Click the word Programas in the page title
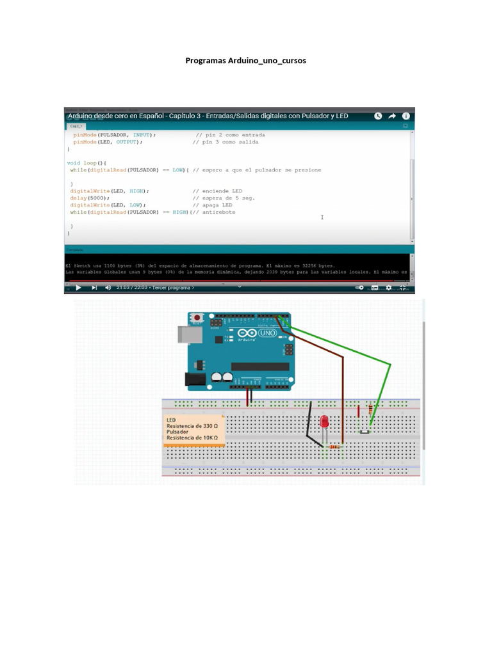pos(205,61)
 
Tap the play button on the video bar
pos(78,288)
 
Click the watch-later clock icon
pos(377,116)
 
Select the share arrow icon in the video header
pos(391,116)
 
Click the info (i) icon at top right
pos(406,116)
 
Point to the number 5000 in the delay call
pos(97,198)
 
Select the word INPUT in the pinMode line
pos(142,135)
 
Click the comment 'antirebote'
pos(218,212)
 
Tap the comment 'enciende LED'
pos(222,191)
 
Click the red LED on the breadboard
pos(325,422)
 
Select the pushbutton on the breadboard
pos(365,432)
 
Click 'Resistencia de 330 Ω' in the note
pos(192,426)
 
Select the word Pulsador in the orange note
pos(177,432)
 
